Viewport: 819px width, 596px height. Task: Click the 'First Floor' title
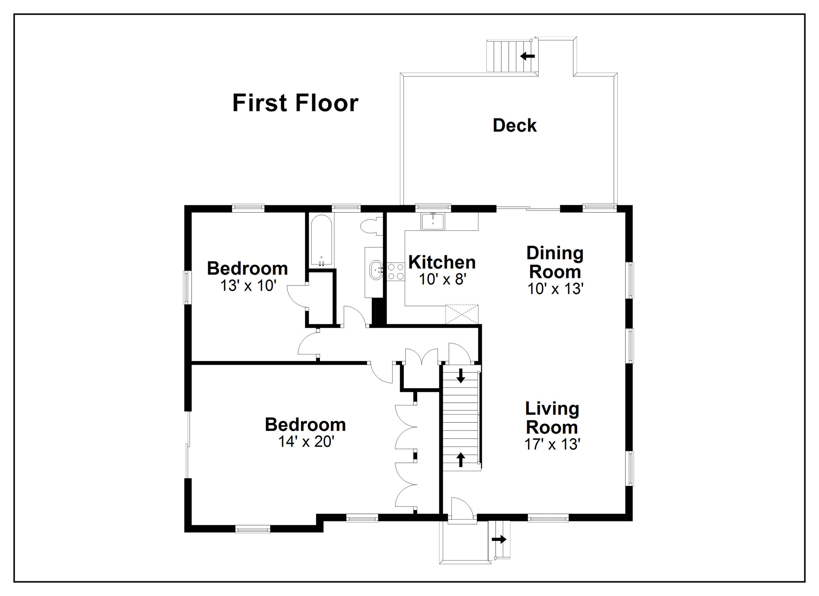[295, 103]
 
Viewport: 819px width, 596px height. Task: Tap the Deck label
[514, 126]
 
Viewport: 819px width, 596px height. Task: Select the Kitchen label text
[442, 262]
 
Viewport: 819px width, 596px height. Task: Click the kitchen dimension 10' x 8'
[443, 279]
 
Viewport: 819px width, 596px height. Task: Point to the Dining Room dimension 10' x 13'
[555, 289]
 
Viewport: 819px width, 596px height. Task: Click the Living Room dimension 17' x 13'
[552, 445]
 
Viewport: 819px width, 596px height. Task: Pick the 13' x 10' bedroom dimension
[248, 285]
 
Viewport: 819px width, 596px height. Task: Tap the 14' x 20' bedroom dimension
[306, 442]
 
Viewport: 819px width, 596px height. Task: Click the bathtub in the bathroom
[321, 240]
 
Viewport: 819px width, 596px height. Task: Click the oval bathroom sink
[377, 270]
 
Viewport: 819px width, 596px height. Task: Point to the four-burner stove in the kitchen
[396, 272]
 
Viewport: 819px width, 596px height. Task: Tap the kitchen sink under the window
[433, 221]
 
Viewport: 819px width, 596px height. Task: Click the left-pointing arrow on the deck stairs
[528, 56]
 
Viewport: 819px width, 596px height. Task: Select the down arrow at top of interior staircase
[461, 376]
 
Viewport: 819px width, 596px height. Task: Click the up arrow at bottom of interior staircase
[461, 459]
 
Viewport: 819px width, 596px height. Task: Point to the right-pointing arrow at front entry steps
[499, 539]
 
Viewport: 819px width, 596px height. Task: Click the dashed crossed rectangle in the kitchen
[462, 314]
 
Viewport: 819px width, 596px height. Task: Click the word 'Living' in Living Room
[552, 409]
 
